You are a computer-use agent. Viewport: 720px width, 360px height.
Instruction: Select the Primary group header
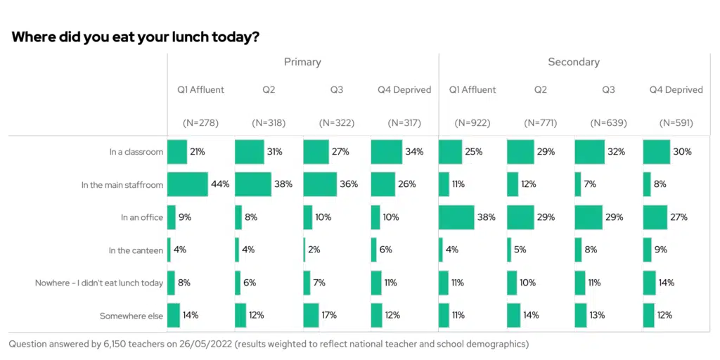click(x=302, y=62)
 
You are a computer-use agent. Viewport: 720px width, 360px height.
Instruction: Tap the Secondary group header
click(x=574, y=62)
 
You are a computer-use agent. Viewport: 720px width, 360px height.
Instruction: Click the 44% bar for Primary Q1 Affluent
click(x=187, y=184)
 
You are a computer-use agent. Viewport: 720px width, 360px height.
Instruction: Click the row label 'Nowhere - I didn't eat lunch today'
click(x=99, y=283)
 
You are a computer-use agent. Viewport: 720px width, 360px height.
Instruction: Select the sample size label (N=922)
click(x=472, y=122)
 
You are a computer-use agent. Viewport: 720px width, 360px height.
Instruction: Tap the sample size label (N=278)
click(x=201, y=122)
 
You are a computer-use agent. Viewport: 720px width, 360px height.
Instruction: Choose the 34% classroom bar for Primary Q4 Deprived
click(x=386, y=152)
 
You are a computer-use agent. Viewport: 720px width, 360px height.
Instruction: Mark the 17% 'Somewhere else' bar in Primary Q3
click(x=311, y=315)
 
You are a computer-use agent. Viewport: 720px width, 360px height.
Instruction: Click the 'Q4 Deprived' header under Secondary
click(x=676, y=90)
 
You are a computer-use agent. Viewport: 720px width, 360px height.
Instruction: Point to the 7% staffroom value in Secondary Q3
click(x=591, y=184)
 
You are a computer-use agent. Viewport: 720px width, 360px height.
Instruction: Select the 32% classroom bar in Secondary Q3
click(x=589, y=152)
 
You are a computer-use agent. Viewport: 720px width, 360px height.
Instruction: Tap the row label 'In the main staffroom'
click(x=122, y=185)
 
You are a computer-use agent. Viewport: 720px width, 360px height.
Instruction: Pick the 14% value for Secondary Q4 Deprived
click(x=667, y=283)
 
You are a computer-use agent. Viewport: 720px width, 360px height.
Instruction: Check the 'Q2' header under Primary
click(x=269, y=90)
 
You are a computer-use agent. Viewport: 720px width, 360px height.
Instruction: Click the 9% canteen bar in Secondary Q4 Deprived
click(x=647, y=250)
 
